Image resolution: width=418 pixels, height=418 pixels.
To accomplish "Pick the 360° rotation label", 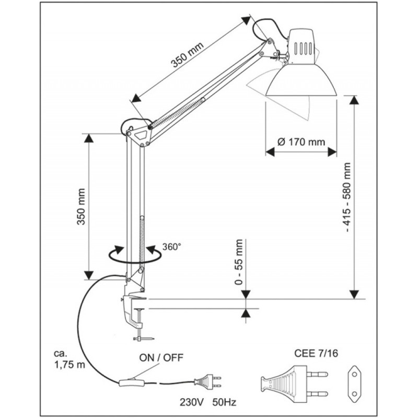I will pos(172,246).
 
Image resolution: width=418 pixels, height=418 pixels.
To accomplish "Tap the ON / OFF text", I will pos(161,358).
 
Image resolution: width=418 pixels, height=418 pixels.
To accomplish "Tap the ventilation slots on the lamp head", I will pos(303,48).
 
